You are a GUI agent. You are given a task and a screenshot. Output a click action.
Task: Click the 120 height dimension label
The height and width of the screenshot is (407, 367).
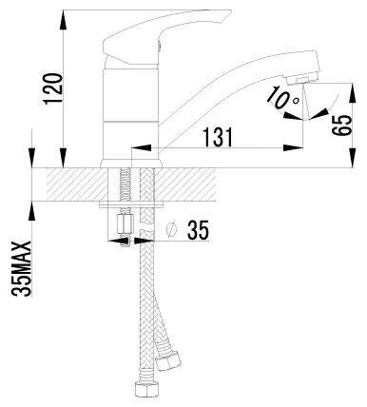(x=52, y=88)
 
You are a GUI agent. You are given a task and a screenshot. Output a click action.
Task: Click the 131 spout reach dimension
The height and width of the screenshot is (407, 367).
(x=218, y=138)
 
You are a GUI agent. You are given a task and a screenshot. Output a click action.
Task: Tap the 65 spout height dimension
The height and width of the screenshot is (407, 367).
(x=342, y=126)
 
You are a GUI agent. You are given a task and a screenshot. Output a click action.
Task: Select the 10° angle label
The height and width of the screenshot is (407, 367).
(x=283, y=98)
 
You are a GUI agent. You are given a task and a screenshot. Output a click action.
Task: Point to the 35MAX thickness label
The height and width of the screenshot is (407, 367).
(x=22, y=269)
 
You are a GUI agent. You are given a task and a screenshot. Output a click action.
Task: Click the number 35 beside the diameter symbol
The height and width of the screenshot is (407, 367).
(x=198, y=230)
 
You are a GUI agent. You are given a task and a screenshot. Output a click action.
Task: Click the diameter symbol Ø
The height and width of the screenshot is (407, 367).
(x=171, y=230)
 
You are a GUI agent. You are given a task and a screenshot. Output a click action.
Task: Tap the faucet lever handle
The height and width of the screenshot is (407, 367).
(x=167, y=37)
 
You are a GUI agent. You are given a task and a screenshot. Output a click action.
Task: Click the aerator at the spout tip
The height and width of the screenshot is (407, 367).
(x=302, y=79)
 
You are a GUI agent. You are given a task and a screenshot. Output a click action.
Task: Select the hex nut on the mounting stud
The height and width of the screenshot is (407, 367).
(x=124, y=224)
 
